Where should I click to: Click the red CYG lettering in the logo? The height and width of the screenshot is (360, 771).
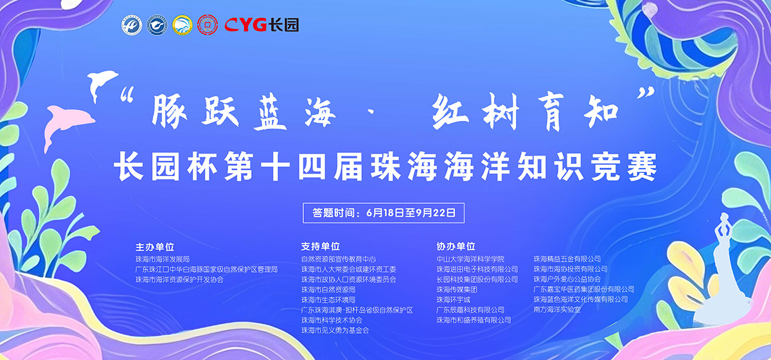click(245, 25)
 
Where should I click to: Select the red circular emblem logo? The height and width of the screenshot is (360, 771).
click(208, 25)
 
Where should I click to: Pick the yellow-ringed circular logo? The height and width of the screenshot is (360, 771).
click(182, 25)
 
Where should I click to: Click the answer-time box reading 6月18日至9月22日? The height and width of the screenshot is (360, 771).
click(384, 213)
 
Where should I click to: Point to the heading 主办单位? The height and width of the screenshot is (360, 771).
click(155, 247)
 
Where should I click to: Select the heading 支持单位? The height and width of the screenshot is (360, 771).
click(321, 246)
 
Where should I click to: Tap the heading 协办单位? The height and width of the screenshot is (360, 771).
click(456, 246)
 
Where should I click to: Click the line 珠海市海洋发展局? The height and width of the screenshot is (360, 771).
click(163, 259)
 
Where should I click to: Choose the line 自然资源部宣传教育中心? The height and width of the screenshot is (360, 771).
click(339, 259)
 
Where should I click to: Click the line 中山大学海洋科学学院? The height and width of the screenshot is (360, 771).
click(470, 259)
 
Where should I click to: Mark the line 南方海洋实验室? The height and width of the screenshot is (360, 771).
click(557, 310)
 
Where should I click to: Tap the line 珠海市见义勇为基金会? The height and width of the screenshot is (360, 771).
click(335, 330)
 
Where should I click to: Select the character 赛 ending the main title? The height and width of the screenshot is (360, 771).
click(642, 166)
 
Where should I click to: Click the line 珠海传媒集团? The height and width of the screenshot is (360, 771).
click(457, 289)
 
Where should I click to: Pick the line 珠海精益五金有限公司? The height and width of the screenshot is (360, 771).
click(567, 258)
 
